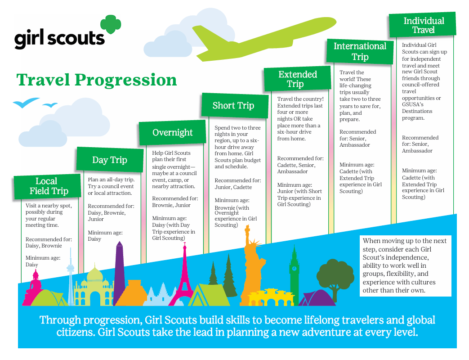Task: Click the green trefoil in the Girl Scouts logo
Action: point(111,24)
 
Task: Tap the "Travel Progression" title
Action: point(96,80)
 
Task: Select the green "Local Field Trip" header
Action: point(47,186)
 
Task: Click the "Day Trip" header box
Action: point(110,160)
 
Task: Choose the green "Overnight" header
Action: point(172,133)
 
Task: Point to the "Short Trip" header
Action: point(235,105)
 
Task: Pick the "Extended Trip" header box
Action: point(297,79)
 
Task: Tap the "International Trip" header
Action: point(360,51)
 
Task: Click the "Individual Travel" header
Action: point(422,25)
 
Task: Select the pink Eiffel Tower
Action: point(184,275)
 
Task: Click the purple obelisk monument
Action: point(119,272)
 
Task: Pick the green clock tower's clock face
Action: point(294,269)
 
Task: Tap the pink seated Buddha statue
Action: point(33,287)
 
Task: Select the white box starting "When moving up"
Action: point(405,266)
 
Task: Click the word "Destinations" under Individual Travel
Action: point(417,111)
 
